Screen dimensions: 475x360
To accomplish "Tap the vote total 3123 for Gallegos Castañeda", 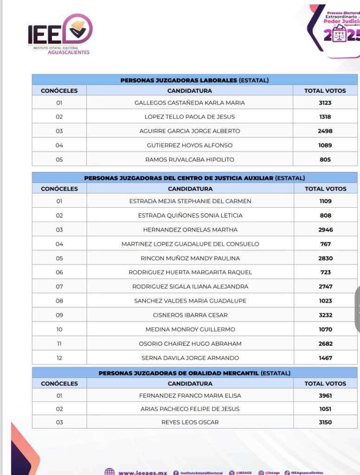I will click(325, 103).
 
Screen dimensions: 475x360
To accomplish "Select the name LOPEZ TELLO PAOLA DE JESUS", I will click(190, 117).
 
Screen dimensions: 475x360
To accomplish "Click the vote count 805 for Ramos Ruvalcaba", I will click(325, 160).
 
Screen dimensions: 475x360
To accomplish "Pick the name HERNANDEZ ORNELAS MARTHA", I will click(190, 230).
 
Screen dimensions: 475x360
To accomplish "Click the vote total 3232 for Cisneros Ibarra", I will click(325, 315).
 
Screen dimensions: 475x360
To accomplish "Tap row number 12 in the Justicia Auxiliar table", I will click(59, 358).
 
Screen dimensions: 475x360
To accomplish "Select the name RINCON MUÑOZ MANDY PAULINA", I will click(190, 258).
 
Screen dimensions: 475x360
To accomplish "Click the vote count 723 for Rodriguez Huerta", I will click(325, 272).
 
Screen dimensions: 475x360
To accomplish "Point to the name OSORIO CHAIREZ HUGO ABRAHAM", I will click(190, 344).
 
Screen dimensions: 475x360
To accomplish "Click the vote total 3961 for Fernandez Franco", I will click(325, 396).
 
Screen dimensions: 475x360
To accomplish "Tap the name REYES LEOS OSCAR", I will click(190, 422).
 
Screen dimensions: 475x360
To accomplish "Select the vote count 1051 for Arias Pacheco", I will click(325, 409).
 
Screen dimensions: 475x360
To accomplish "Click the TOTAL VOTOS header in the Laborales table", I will click(325, 91).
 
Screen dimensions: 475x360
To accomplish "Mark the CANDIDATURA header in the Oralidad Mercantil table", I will click(190, 384).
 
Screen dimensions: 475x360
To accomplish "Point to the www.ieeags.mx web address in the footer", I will click(142, 473).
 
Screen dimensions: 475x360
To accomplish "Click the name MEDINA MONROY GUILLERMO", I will click(190, 329).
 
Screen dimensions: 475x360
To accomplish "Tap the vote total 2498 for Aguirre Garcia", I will click(325, 131).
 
